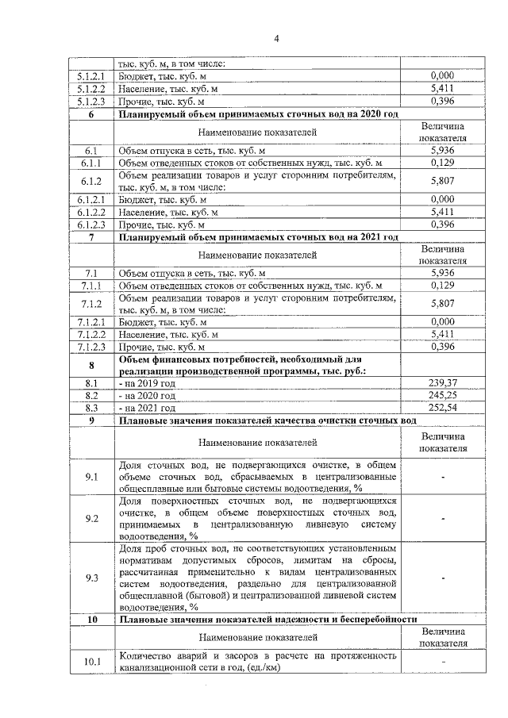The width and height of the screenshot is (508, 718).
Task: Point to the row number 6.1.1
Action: tap(91, 163)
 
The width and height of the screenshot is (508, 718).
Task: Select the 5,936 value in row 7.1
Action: tap(441, 272)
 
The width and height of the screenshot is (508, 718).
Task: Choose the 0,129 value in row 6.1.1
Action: tap(441, 163)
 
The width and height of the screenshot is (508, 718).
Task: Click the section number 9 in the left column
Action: tap(91, 420)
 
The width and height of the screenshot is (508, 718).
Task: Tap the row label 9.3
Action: tap(91, 578)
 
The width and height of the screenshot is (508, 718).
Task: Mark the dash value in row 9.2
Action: tap(441, 519)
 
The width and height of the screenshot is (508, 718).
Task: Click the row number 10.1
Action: tap(91, 660)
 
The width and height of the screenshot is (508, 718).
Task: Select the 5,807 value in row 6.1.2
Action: tap(441, 181)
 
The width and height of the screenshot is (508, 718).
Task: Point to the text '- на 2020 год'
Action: tap(147, 395)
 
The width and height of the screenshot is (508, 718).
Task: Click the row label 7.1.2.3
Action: tap(91, 347)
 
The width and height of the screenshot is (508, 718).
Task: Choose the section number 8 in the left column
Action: tap(91, 365)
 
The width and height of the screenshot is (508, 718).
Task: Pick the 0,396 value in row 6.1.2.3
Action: tap(441, 225)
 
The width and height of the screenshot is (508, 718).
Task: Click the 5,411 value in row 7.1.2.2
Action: tap(441, 334)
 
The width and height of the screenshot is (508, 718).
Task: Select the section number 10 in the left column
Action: tap(91, 619)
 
